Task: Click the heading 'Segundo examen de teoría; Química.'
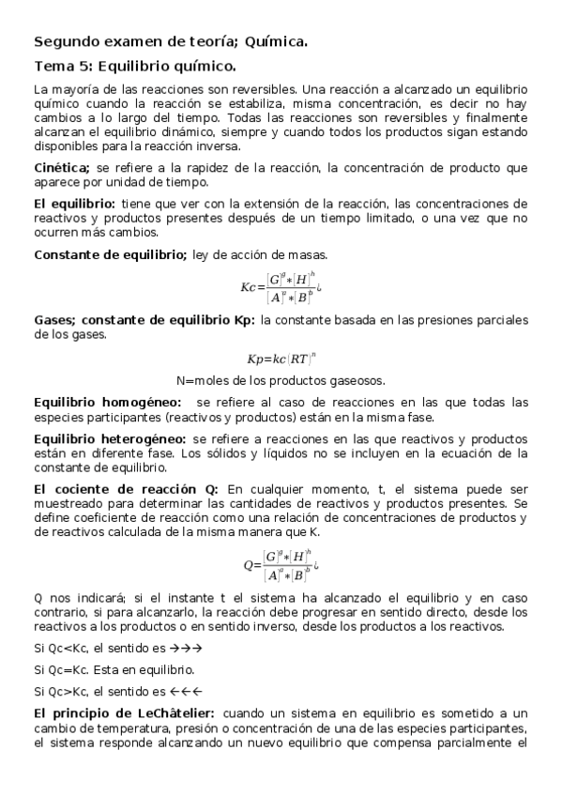click(171, 42)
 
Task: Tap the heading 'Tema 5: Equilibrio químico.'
click(135, 67)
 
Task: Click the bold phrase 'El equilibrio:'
click(74, 204)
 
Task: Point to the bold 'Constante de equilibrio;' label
click(110, 254)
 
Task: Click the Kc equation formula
click(281, 287)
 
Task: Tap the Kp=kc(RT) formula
click(281, 358)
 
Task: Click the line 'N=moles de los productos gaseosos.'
click(281, 380)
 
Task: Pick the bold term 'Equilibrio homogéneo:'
click(108, 403)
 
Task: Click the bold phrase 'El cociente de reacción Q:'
click(126, 489)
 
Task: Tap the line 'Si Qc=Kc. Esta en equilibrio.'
click(114, 670)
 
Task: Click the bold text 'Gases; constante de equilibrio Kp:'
click(144, 321)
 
